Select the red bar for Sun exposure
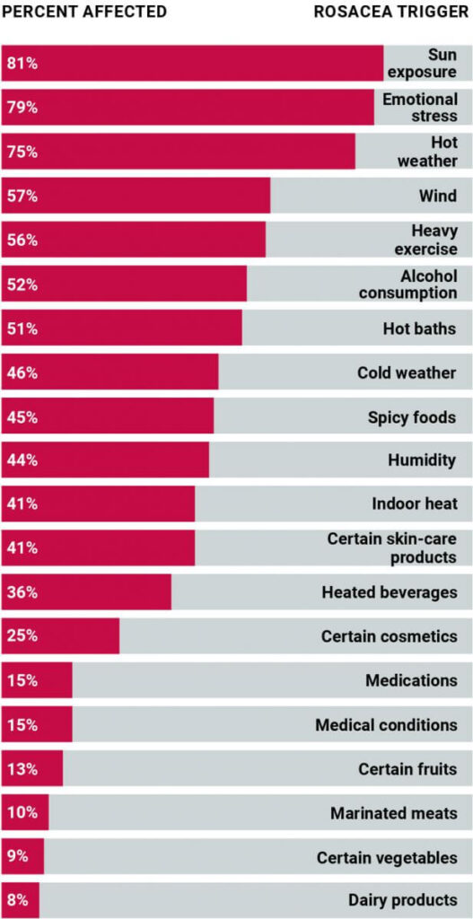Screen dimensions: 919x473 192,64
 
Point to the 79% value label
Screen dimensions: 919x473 22,108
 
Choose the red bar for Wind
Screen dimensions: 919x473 136,196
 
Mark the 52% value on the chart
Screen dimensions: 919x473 22,284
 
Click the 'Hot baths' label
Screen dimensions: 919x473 419,328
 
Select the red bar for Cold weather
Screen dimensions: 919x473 109,372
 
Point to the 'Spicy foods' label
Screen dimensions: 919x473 412,417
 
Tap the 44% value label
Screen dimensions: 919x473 22,460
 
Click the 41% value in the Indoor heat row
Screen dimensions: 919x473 22,504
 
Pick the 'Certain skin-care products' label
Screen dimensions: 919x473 391,548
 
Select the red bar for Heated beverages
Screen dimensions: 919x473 86,592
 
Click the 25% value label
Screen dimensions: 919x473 22,636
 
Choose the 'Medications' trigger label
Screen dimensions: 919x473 411,680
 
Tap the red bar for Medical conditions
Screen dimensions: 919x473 37,724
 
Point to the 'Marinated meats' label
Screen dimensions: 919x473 393,813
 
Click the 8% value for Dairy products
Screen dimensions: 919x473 18,900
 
